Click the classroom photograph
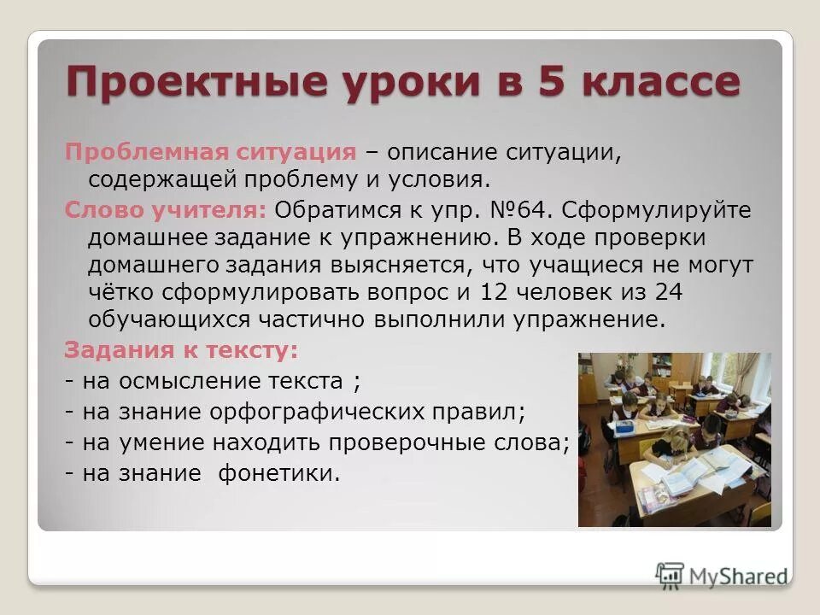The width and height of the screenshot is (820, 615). [674, 439]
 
